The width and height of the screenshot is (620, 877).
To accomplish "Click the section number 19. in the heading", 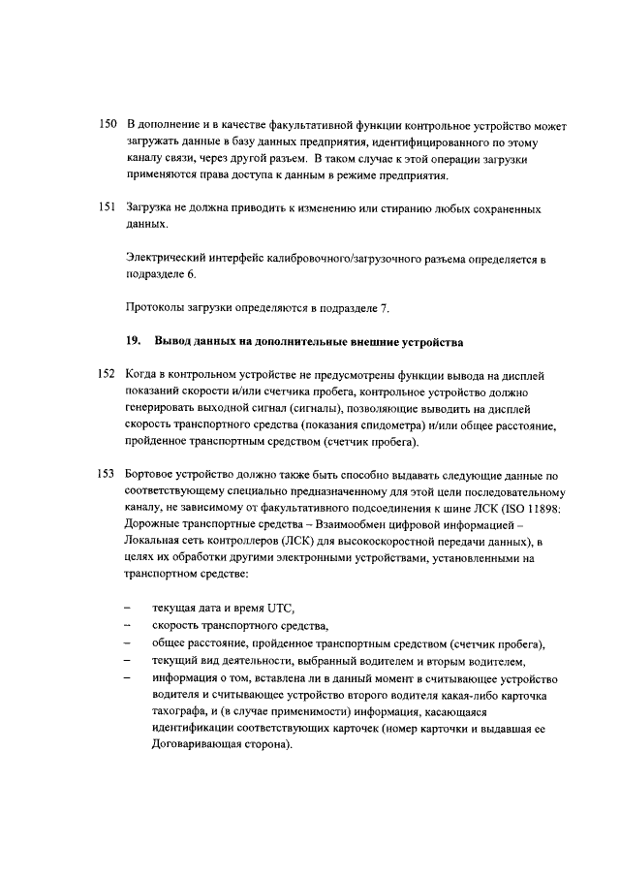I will coord(135,341).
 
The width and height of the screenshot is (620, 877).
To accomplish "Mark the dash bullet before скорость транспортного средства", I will coord(130,627).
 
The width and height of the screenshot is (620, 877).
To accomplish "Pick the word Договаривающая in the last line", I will coord(199,749).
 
